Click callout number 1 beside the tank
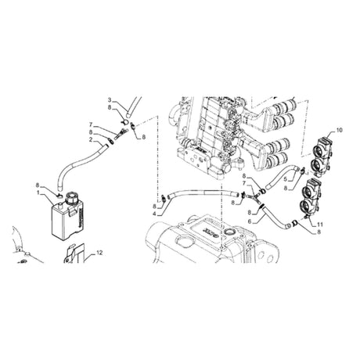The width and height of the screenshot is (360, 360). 38,193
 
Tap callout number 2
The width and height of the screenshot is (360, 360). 91,140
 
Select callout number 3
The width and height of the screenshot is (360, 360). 110,100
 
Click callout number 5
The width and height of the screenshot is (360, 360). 285,179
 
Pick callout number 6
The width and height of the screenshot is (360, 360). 250,221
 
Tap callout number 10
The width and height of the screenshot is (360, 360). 340,130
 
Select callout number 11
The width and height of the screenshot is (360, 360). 320,224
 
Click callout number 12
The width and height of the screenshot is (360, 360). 99,253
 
